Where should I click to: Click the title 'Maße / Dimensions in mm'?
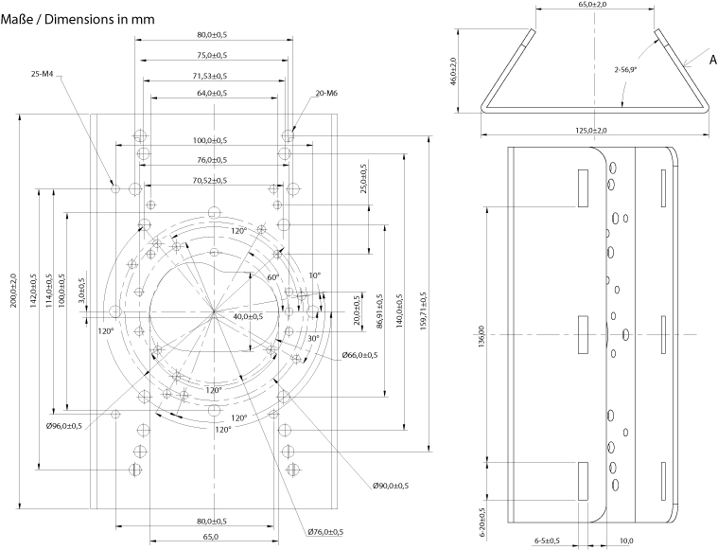pyautogui.click(x=79, y=18)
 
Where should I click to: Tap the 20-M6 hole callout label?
pyautogui.click(x=326, y=93)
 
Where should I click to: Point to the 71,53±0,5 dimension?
pyautogui.click(x=210, y=76)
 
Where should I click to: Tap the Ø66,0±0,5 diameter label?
pyautogui.click(x=359, y=356)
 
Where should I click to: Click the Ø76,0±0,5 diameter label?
pyautogui.click(x=324, y=532)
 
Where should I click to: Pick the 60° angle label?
pyautogui.click(x=272, y=277)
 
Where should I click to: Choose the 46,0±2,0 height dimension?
pyautogui.click(x=453, y=72)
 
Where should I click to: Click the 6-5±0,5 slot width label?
pyautogui.click(x=548, y=541)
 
